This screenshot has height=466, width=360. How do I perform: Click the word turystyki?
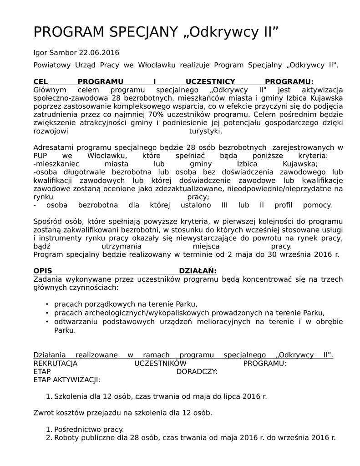(205, 131)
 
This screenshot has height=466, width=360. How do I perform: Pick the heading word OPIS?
(43, 271)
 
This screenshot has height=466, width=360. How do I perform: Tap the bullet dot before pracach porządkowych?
(47, 304)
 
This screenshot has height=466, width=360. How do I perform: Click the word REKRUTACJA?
(56, 363)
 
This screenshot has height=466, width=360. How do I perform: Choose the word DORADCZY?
(197, 371)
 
